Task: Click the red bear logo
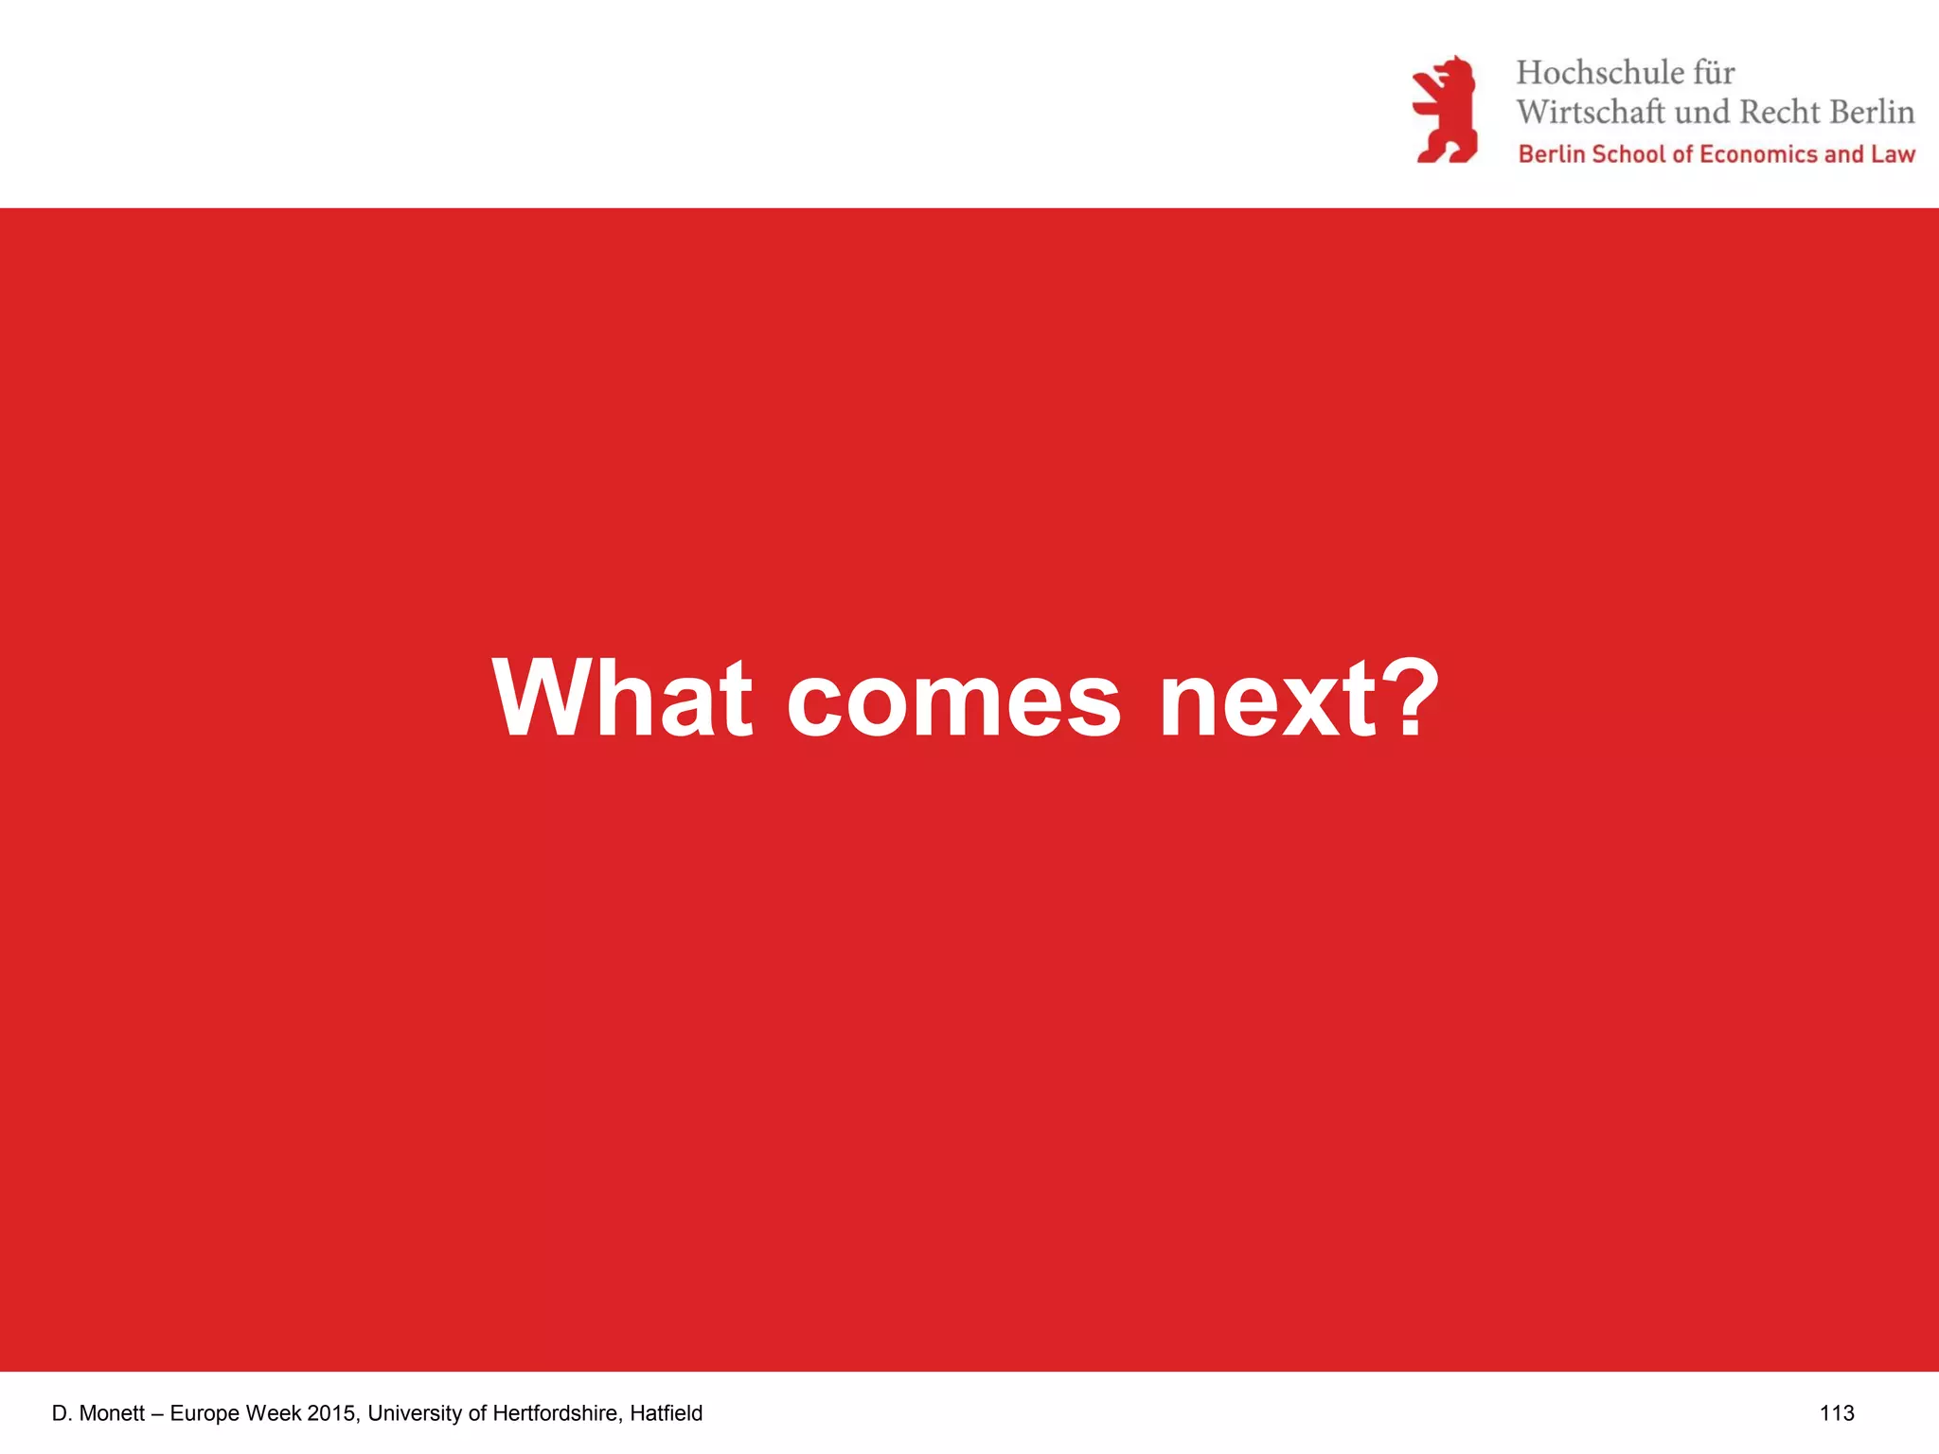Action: point(1445,110)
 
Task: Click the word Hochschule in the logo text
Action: point(1600,73)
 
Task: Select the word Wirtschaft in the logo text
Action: point(1591,112)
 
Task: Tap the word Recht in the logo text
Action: point(1781,112)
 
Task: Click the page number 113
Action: point(1837,1413)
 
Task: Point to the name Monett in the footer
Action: point(112,1413)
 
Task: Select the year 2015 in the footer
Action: point(331,1413)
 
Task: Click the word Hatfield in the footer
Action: point(667,1413)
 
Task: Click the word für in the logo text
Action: point(1715,73)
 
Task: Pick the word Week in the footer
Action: point(274,1413)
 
